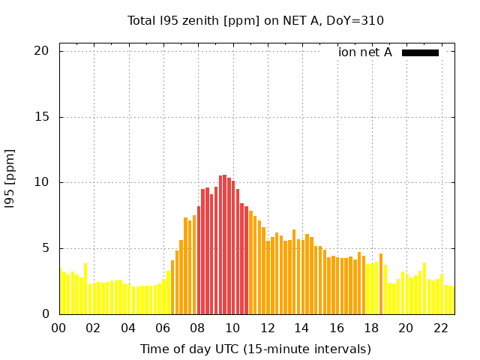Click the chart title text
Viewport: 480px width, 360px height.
pos(255,21)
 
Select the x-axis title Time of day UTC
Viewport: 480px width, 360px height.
pos(255,349)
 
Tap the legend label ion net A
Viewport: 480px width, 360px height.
pos(365,52)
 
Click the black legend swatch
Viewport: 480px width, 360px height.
pos(420,52)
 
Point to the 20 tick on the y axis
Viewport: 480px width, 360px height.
pos(40,51)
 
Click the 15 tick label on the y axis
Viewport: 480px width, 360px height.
pos(40,117)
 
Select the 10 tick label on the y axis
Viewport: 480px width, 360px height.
pos(40,182)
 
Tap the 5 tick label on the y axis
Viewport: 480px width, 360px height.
pos(44,248)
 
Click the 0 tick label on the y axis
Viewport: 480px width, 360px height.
pos(44,314)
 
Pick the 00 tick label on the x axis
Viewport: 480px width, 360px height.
pos(59,328)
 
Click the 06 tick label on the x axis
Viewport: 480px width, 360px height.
pos(163,328)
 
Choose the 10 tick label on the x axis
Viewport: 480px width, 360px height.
pos(232,328)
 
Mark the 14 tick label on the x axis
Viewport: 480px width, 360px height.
pos(301,328)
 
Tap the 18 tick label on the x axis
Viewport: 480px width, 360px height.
pos(371,328)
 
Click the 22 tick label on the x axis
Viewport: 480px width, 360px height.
pos(440,328)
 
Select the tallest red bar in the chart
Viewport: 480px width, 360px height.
pos(224,247)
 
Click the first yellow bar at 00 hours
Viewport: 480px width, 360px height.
pos(60,292)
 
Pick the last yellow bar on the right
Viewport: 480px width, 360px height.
pos(451,300)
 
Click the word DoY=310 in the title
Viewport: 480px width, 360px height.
pos(355,21)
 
